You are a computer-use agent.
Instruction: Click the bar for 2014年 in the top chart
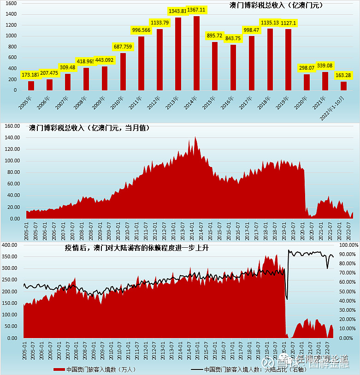pos(196,53)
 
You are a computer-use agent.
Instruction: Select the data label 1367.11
pos(196,10)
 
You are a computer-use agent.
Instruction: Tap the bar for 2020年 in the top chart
pos(307,82)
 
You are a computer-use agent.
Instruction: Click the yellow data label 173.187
pos(31,74)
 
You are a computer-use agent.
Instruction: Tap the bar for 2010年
pos(123,71)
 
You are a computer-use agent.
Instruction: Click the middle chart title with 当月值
pos(89,127)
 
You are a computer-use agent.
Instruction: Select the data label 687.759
pos(122,47)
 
